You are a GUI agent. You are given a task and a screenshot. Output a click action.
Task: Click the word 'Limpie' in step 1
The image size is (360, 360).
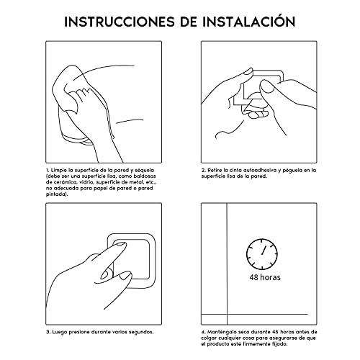[59, 169]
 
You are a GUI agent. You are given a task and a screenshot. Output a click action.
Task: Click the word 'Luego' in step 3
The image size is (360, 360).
[59, 332]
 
